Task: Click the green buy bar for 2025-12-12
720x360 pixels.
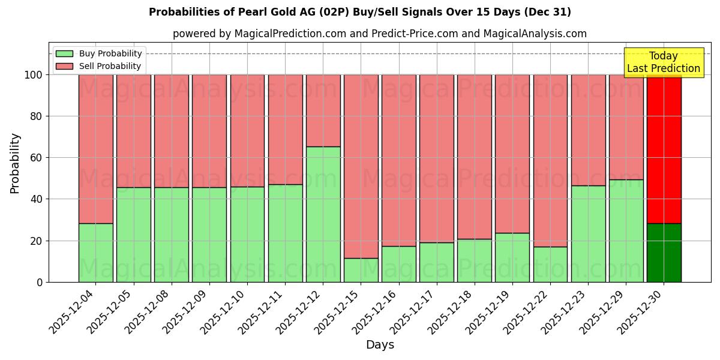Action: coord(323,214)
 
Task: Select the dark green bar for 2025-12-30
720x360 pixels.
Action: coord(664,253)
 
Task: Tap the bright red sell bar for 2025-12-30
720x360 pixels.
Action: coord(664,150)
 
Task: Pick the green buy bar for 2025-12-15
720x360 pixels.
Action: coord(361,270)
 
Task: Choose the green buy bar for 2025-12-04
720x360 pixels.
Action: coord(95,253)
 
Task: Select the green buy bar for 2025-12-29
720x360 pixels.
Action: coord(626,230)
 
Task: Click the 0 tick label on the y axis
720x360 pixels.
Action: coord(40,282)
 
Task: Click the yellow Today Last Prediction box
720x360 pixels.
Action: coord(663,62)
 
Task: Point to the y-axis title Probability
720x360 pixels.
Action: coord(15,163)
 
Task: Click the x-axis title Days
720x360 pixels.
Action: coord(380,345)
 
